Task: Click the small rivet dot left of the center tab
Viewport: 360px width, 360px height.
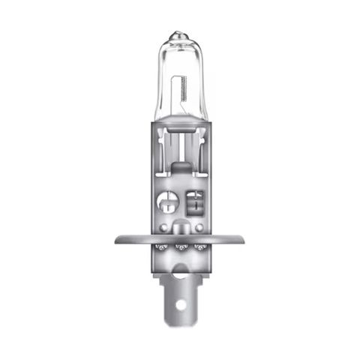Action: (163, 226)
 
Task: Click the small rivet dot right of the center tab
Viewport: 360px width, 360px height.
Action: (197, 226)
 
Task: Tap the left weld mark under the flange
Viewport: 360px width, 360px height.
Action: (160, 247)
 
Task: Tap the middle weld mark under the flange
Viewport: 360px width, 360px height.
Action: (180, 247)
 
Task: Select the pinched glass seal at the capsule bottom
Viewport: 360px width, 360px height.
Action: (180, 124)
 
